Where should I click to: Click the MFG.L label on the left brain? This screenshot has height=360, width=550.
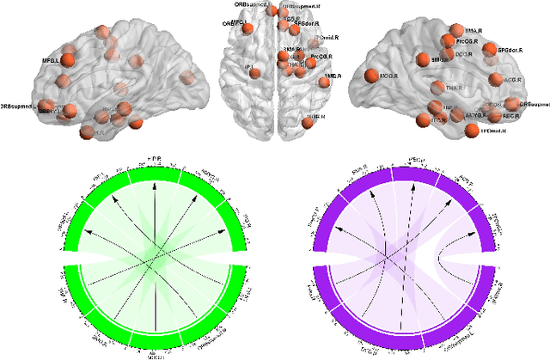pos(50,62)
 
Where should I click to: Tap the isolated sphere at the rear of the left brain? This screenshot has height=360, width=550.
pos(187,78)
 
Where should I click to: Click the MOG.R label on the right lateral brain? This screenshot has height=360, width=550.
pos(388,76)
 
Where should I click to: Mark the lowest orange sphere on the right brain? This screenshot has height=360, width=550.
pos(471,131)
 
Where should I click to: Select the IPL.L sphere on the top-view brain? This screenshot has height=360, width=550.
pos(254,73)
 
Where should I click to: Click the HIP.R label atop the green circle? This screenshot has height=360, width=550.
pos(156,160)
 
